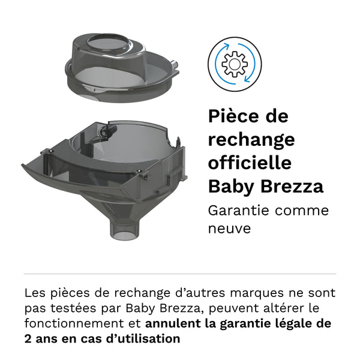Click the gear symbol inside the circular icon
point(235,64)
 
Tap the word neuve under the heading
point(229,229)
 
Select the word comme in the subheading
point(302,211)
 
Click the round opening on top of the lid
point(109,43)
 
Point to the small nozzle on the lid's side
point(175,64)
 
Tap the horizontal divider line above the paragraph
point(180,274)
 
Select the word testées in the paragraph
point(73,308)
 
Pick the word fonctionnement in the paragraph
point(74,324)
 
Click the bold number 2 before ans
point(28,339)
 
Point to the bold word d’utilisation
point(143,338)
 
